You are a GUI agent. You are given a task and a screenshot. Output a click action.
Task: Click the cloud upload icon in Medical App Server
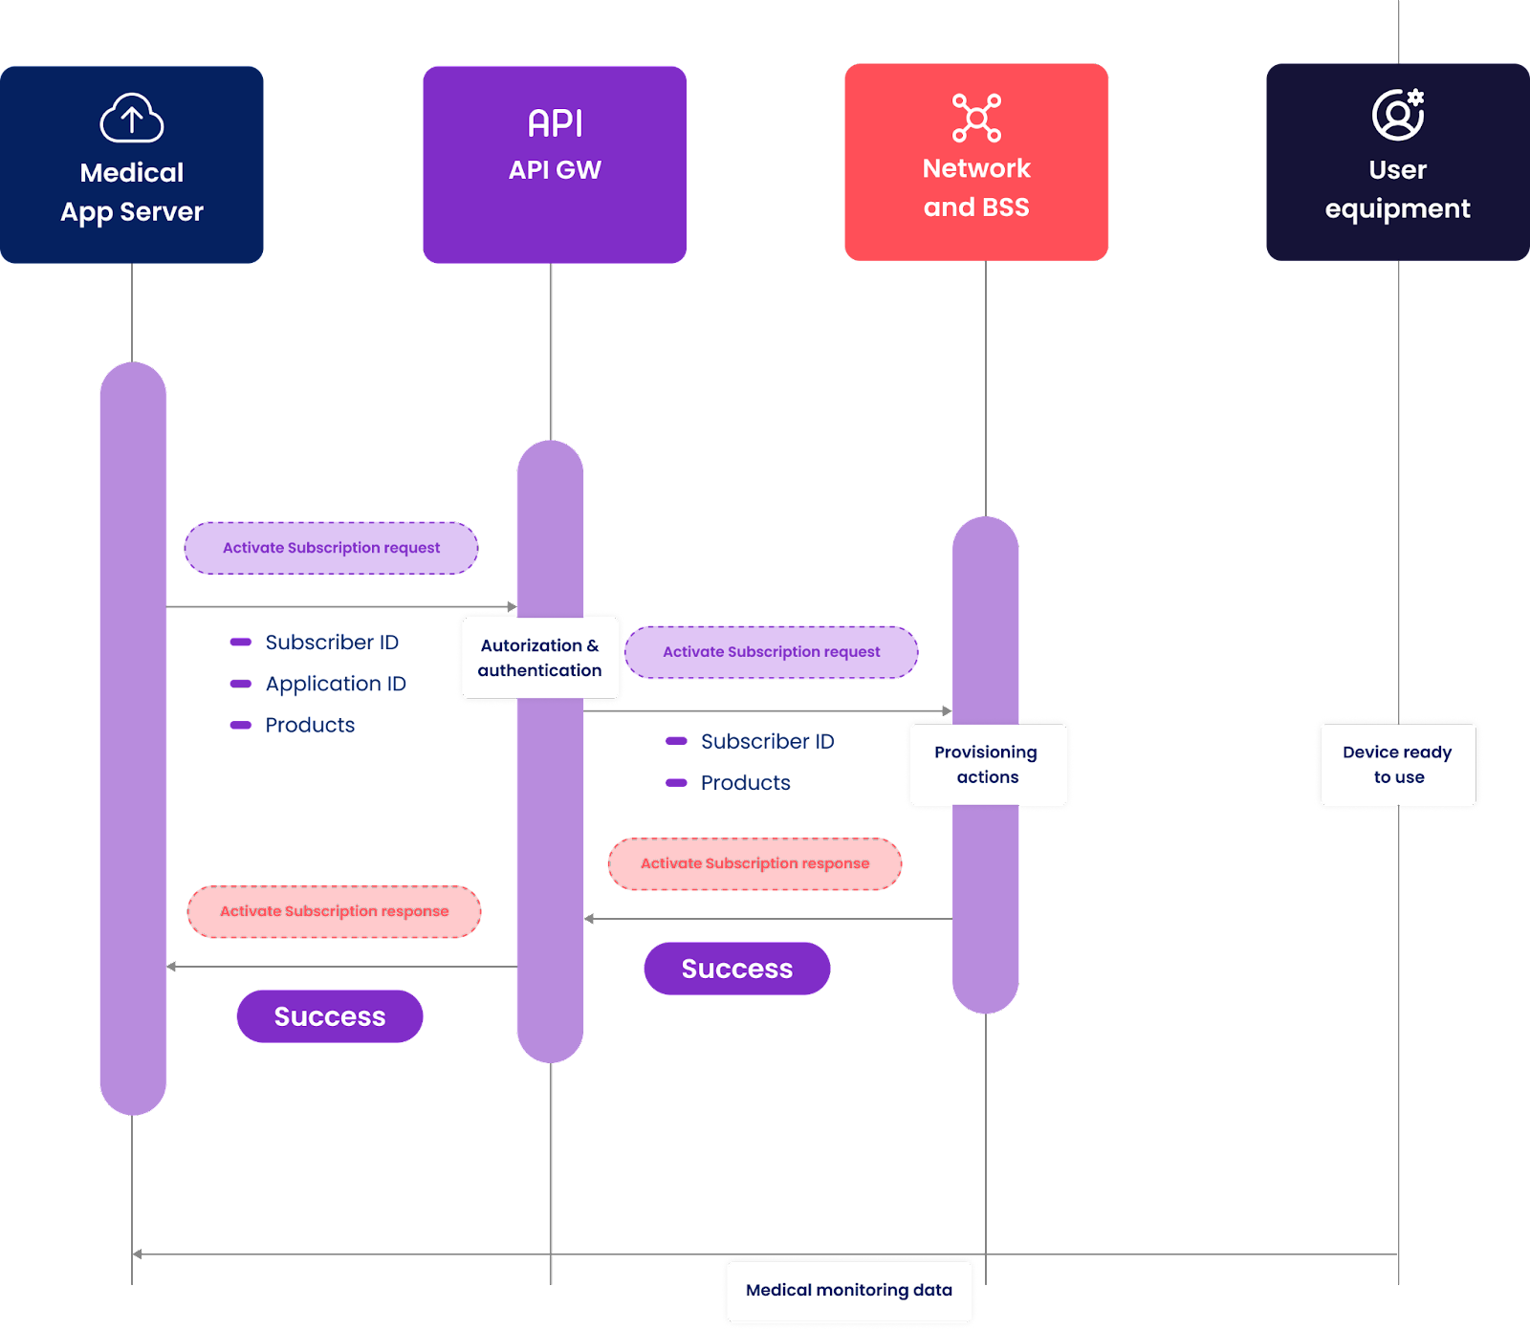click(x=132, y=118)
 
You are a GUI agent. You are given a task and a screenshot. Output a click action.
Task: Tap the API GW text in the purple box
click(x=555, y=170)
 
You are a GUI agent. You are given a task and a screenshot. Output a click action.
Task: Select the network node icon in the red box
click(x=976, y=118)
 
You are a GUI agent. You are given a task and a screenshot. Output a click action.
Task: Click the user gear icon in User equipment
click(x=1398, y=115)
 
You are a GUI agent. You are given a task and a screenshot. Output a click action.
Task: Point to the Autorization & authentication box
click(x=540, y=658)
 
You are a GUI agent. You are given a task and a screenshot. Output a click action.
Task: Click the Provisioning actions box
click(x=988, y=764)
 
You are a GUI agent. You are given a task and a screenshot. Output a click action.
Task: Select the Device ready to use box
click(x=1398, y=764)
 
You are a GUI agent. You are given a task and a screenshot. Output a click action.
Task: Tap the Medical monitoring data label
click(x=849, y=1290)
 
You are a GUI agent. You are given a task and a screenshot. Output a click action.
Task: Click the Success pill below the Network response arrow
click(x=737, y=969)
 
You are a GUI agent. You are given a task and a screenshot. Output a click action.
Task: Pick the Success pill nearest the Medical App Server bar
click(x=330, y=1016)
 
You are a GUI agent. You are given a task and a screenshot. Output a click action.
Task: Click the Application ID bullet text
click(x=336, y=684)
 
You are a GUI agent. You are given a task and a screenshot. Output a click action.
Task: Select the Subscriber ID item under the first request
click(x=332, y=643)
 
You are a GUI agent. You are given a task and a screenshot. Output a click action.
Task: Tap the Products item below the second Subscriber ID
click(x=745, y=783)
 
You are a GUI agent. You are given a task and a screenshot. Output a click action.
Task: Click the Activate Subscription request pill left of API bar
click(x=331, y=548)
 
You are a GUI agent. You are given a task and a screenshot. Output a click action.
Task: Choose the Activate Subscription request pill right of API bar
click(x=771, y=652)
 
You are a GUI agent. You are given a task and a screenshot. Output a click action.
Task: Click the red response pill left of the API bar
click(x=335, y=911)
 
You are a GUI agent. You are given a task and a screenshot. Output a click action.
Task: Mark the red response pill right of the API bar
click(x=754, y=863)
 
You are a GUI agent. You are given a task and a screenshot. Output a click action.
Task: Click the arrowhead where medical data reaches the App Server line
click(x=138, y=1254)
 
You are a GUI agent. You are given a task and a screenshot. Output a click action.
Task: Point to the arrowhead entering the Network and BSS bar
click(x=946, y=711)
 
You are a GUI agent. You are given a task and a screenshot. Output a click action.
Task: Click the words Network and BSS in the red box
click(x=976, y=187)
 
